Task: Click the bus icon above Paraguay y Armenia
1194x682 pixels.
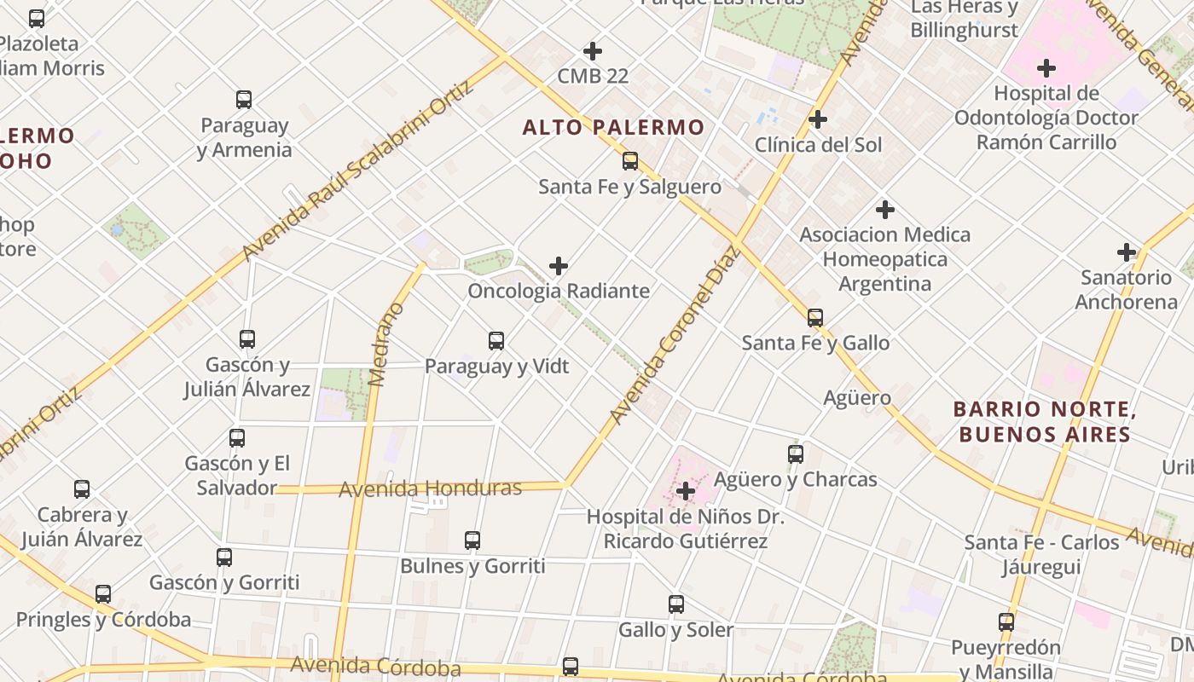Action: (244, 100)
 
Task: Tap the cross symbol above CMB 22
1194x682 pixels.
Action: (593, 51)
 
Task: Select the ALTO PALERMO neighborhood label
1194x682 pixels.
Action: (613, 128)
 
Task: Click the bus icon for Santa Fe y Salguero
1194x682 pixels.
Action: (630, 160)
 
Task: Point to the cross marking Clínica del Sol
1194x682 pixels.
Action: (818, 119)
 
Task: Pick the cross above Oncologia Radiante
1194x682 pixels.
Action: (559, 266)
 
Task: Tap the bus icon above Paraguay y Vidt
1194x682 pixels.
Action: (496, 341)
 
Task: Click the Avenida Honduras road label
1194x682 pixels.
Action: (430, 488)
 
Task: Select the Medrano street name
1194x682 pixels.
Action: (385, 344)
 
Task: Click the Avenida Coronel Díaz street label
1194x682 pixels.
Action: (673, 335)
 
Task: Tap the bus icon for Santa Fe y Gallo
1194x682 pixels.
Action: (815, 318)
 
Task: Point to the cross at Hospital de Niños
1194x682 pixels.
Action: (685, 491)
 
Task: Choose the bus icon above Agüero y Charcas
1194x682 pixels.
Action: (796, 454)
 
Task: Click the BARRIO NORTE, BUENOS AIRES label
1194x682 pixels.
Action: (1045, 422)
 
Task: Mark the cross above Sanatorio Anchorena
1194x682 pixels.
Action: (1127, 252)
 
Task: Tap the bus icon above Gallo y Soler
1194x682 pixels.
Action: (676, 604)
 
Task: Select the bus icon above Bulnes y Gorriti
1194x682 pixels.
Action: (472, 540)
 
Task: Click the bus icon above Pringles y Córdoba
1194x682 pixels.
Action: (103, 594)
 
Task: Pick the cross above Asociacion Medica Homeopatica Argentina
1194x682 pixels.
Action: (885, 209)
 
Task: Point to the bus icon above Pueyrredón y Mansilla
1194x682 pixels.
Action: (1006, 622)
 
